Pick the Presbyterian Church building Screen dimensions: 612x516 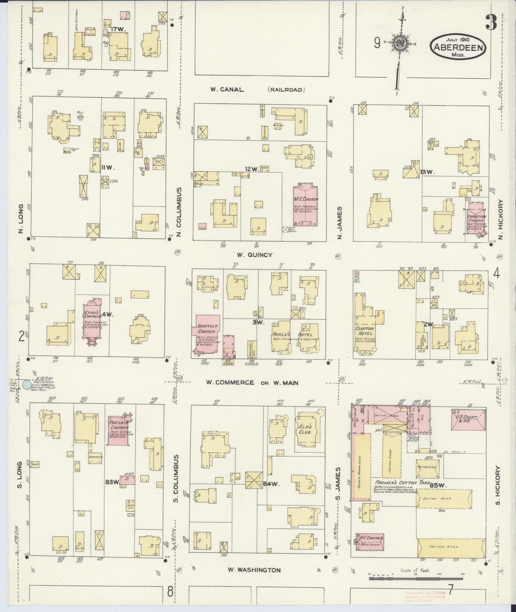click(x=119, y=430)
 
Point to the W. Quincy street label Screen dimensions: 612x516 click(x=255, y=255)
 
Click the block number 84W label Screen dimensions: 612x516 click(x=272, y=485)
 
